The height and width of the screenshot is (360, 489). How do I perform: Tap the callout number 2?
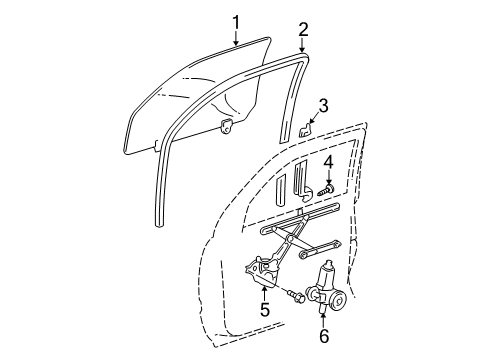pos(303,30)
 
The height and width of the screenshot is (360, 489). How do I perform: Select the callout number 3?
pos(324,107)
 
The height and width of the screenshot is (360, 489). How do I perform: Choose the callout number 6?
pos(324,336)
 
